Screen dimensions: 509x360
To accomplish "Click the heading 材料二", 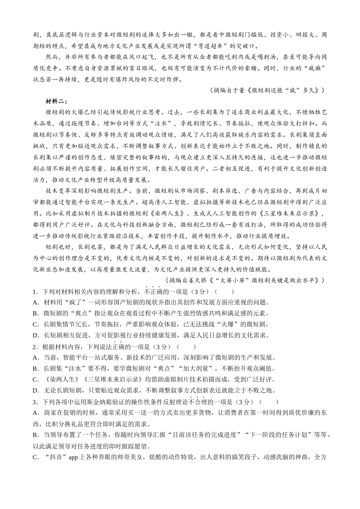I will coord(56,101).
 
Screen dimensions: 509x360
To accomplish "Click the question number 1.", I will coord(34,292).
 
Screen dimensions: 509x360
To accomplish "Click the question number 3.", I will coord(34,402).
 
